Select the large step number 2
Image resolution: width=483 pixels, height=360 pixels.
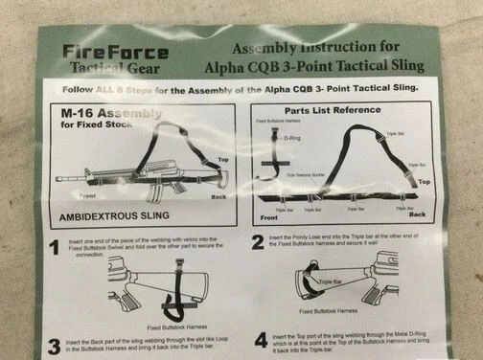coord(258,244)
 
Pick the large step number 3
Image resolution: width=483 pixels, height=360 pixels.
coord(53,344)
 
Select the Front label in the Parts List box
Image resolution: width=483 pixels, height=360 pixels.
coord(267,216)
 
